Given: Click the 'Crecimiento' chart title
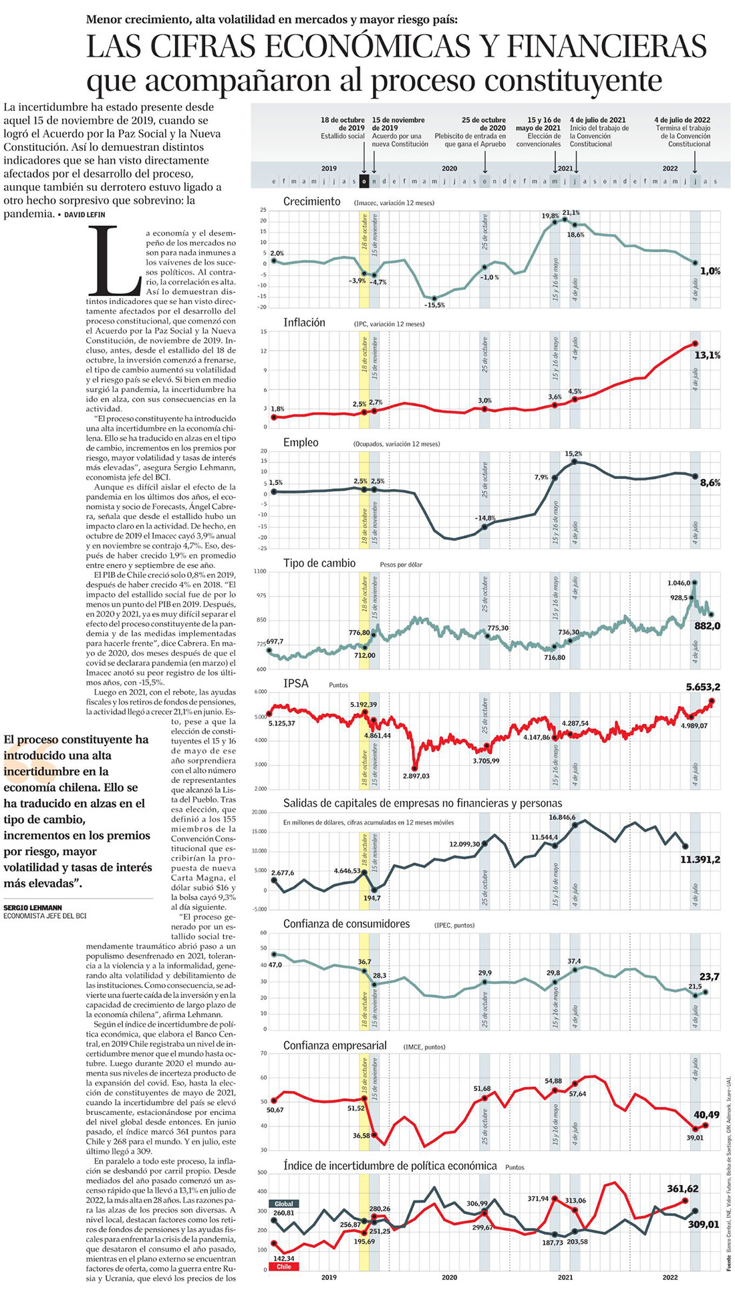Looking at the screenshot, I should (x=311, y=202).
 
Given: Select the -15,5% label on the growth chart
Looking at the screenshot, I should (x=434, y=305).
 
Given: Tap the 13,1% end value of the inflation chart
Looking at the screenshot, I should (x=707, y=355).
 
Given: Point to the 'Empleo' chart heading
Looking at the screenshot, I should (x=301, y=443).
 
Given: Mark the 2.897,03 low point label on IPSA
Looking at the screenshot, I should (x=416, y=776).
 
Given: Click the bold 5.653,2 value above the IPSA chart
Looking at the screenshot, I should (x=702, y=687).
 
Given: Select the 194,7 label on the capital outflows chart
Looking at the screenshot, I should (x=372, y=898).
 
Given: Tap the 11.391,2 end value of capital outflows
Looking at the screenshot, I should (x=700, y=860).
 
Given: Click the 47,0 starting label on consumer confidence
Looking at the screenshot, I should (x=275, y=965).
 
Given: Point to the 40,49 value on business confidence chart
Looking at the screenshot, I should (x=706, y=1114).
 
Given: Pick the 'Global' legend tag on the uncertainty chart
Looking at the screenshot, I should (x=283, y=1204).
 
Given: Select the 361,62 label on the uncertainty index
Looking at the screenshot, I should (x=683, y=1188).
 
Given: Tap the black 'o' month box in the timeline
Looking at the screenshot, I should (x=363, y=181).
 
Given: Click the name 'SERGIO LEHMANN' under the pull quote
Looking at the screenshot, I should (x=33, y=907).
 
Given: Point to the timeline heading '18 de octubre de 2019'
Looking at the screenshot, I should (x=342, y=124).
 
